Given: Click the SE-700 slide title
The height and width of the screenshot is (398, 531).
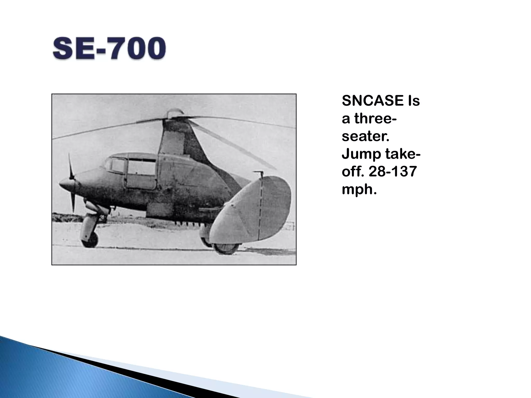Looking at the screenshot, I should [x=109, y=48].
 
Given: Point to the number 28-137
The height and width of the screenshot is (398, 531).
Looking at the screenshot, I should [x=393, y=172].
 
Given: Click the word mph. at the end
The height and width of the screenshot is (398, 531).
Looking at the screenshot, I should [x=359, y=189].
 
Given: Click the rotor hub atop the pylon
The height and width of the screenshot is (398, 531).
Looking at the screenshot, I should [x=174, y=114].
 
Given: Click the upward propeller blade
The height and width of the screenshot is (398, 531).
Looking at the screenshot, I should [x=70, y=166].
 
